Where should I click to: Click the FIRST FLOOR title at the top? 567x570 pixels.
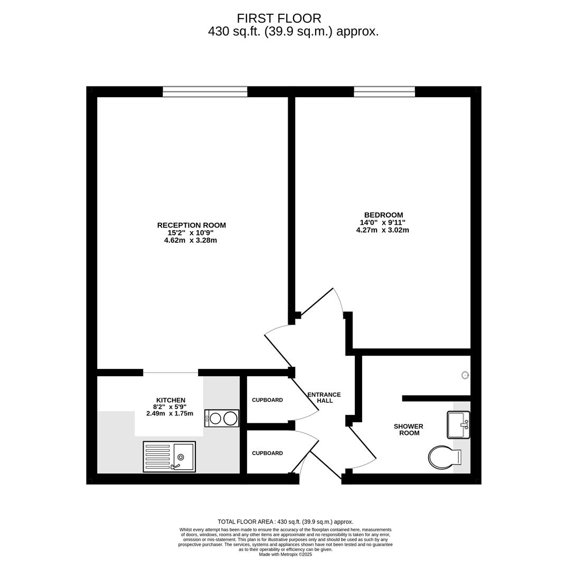point(279,18)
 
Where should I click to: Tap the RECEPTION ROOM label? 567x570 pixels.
point(191,225)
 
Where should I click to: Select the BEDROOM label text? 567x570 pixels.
point(383,215)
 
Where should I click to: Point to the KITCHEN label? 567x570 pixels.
point(171,400)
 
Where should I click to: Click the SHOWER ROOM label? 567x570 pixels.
point(409,429)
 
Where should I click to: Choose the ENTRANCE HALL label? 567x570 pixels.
point(324,397)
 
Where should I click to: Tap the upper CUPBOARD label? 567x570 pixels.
point(267,400)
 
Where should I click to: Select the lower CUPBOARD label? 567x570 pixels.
point(267,453)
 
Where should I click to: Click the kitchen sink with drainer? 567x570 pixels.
point(169,457)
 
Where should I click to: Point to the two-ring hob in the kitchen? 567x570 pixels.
point(222,418)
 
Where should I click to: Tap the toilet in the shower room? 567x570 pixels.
point(445,457)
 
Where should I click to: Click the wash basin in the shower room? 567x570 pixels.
point(458,424)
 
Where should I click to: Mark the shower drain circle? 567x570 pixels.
point(465,375)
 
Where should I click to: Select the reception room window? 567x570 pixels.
point(205,92)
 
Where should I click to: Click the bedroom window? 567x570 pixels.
point(384,92)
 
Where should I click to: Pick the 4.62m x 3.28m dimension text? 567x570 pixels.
point(191,240)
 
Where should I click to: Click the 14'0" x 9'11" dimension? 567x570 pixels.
point(383,222)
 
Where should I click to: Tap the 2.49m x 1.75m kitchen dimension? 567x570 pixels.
point(170,413)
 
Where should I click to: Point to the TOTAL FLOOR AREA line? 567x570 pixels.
point(286,521)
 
